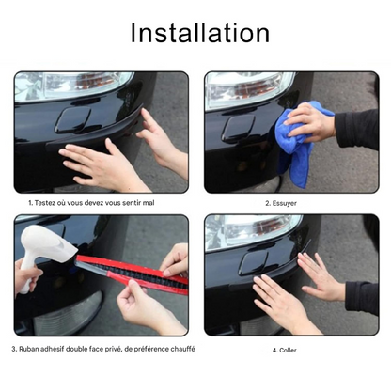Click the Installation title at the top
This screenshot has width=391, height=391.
pos(199,33)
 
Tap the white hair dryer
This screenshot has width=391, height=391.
pos(46,246)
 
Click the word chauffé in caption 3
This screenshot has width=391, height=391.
pos(181,349)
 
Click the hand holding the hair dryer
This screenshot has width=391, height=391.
pos(28,274)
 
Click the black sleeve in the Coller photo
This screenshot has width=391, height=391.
pos(362,297)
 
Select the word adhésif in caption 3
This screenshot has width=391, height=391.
pos(62,349)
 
